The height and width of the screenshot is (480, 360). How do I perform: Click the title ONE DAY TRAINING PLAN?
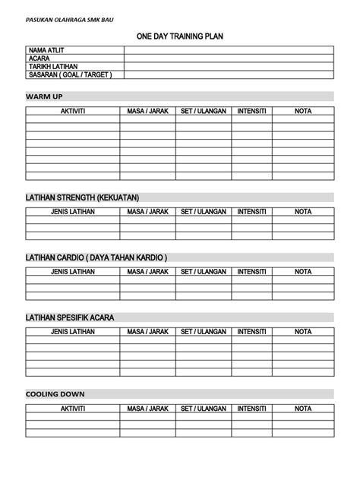click(179, 36)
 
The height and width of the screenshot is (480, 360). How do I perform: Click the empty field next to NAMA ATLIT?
click(229, 50)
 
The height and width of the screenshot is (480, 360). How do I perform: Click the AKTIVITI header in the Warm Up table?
click(73, 112)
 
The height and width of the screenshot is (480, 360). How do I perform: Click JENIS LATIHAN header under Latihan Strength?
click(73, 211)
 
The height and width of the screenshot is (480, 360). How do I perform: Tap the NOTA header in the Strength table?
click(303, 211)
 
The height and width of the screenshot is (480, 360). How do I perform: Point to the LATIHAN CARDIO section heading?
click(96, 257)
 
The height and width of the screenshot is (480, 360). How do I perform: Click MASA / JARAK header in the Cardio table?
click(147, 271)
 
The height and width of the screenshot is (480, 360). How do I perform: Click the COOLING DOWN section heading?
click(55, 394)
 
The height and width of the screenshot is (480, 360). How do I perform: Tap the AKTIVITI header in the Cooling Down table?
click(73, 409)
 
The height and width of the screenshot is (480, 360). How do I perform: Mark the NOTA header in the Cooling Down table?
click(303, 409)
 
